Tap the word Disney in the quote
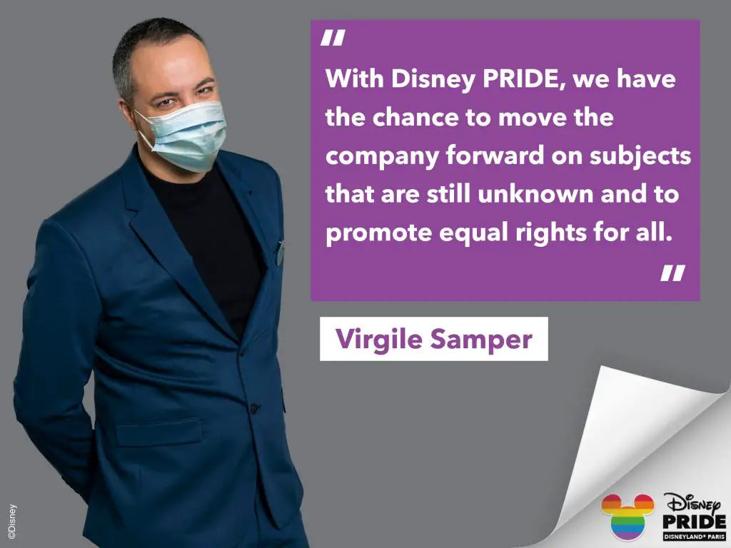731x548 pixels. click(x=433, y=79)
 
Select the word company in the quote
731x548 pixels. click(x=382, y=156)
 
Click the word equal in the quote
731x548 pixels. click(x=473, y=233)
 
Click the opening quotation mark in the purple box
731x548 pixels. click(x=333, y=38)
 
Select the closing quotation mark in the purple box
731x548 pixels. click(x=672, y=273)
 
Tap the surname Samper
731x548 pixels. click(x=481, y=340)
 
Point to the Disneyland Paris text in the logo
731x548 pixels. click(x=694, y=537)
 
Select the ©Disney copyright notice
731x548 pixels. click(x=12, y=521)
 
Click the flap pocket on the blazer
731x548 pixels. click(x=158, y=432)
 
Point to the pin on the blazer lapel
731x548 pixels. click(x=279, y=254)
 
